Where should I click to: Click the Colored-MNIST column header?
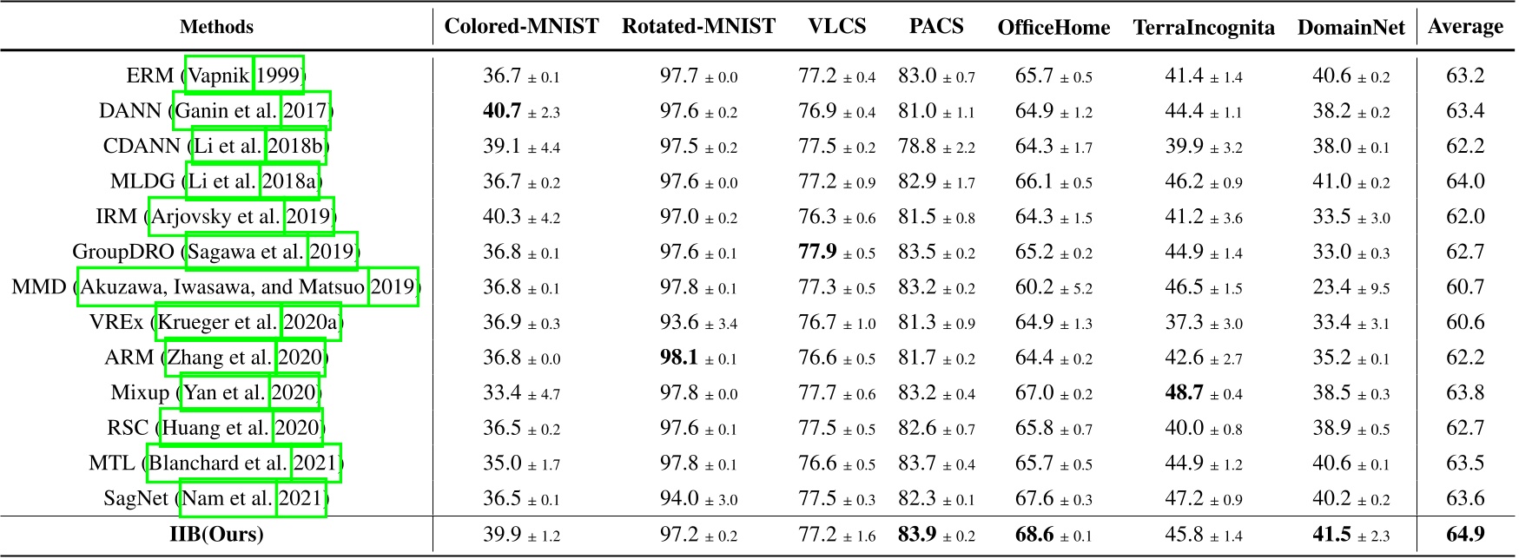521,27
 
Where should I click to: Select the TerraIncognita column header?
1204,28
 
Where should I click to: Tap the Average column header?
1465,27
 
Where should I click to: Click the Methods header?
216,27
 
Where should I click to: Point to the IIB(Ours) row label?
216,534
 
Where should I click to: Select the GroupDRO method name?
125,252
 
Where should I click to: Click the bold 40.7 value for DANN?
502,110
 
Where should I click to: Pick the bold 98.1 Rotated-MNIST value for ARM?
679,358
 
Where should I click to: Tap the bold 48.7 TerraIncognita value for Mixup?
1185,393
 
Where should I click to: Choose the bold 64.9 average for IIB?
1465,534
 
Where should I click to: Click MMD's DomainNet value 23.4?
1331,287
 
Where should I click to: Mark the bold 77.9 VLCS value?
818,252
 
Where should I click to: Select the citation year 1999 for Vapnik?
278,76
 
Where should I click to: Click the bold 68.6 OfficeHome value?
1034,534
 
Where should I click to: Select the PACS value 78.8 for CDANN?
917,146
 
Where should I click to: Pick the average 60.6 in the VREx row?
1465,323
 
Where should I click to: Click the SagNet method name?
136,498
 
